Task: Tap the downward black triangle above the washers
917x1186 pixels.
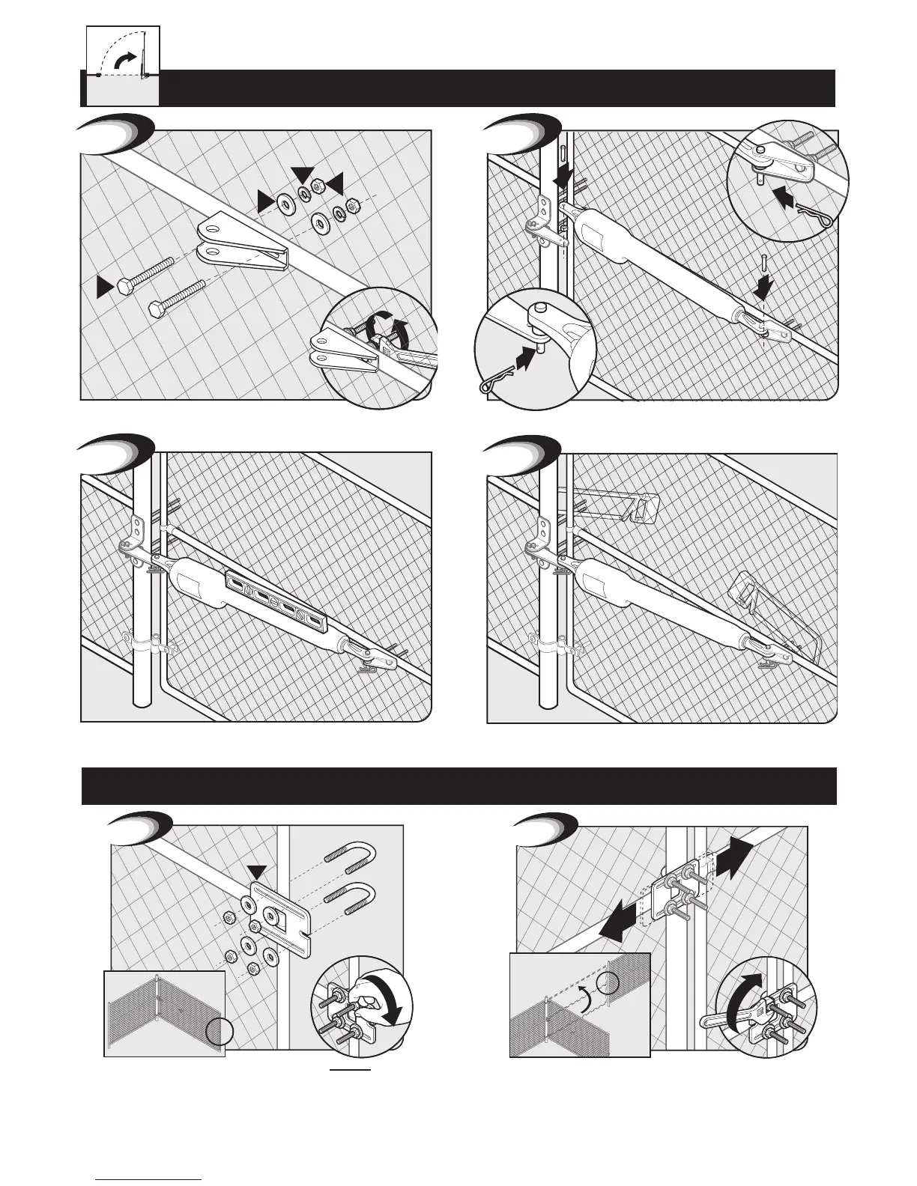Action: coord(302,174)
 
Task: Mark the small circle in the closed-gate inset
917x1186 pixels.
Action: coord(222,1032)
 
